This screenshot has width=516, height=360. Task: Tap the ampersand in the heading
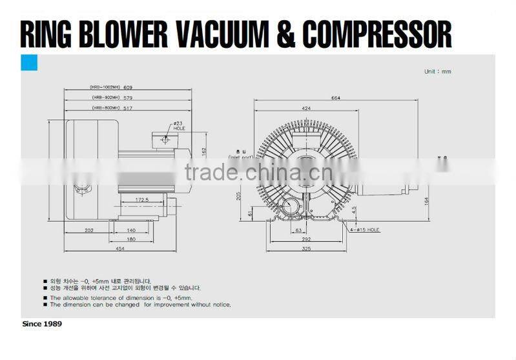[x=289, y=34]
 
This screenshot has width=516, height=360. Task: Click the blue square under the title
[x=30, y=63]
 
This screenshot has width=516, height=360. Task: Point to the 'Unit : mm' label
[x=437, y=71]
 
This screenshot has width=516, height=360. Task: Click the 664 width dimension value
[x=336, y=98]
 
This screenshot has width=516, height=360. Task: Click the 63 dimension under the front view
[x=298, y=229]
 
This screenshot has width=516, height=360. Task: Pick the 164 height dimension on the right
[x=426, y=200]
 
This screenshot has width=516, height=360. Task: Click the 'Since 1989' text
[x=42, y=323]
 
